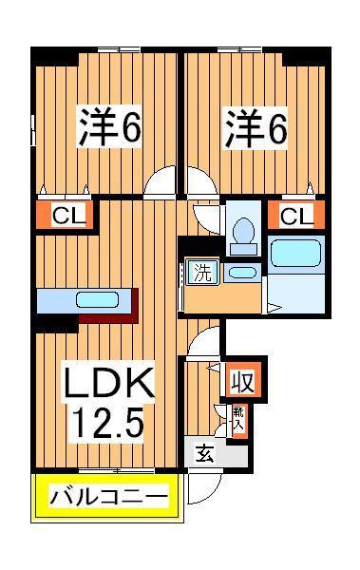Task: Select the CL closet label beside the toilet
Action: point(294,215)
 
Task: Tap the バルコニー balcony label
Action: point(107,497)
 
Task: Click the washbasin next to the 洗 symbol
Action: point(242,273)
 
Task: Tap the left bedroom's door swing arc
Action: point(165,180)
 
